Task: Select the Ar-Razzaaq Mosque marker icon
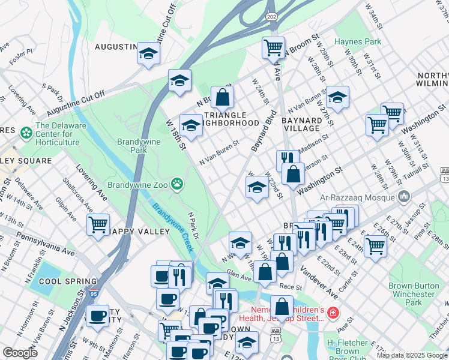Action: (x=403, y=197)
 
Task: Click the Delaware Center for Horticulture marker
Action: (x=26, y=131)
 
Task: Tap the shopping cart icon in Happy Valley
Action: (x=98, y=226)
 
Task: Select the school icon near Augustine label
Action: (x=147, y=54)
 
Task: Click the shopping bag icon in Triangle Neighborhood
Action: (x=221, y=97)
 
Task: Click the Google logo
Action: (x=20, y=353)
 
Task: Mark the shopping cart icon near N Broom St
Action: (x=273, y=47)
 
